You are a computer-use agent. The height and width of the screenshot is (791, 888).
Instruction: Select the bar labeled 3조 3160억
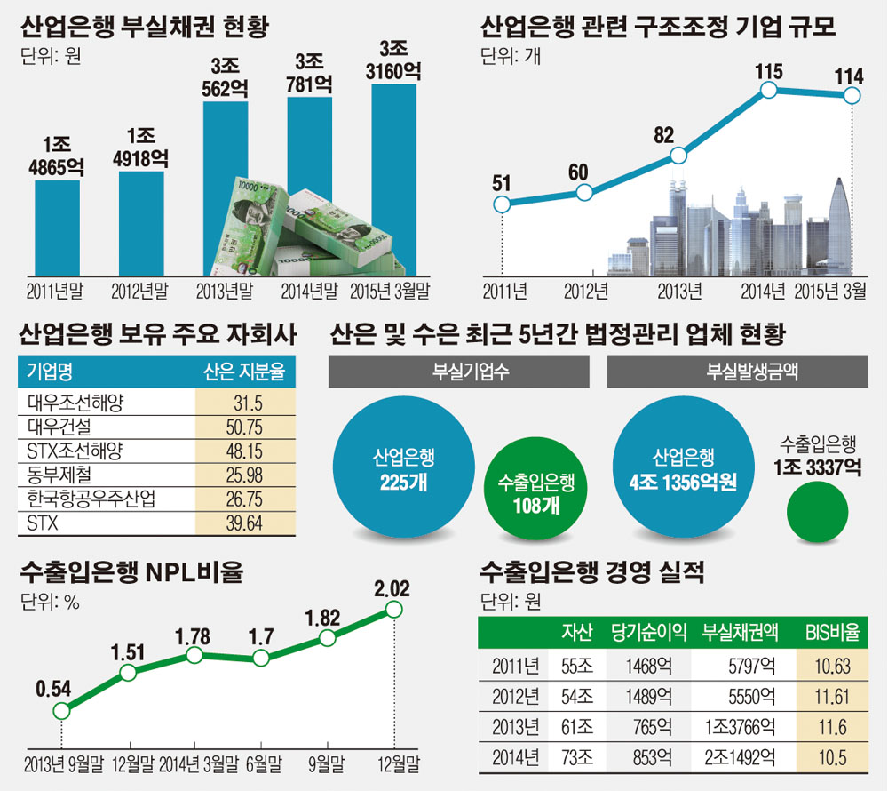(x=394, y=178)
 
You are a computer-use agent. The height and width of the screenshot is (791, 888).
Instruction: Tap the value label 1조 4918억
(x=140, y=148)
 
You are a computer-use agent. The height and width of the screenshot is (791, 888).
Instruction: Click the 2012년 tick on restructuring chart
(x=587, y=291)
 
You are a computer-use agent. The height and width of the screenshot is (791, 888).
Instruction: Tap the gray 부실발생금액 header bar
(x=738, y=372)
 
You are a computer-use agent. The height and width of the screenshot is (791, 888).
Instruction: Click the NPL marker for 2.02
(x=393, y=609)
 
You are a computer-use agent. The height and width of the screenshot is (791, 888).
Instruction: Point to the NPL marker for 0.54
(x=61, y=711)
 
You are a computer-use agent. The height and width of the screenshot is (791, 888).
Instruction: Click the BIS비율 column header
(x=832, y=634)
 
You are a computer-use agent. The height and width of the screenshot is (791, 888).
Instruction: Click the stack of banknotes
(x=310, y=228)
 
